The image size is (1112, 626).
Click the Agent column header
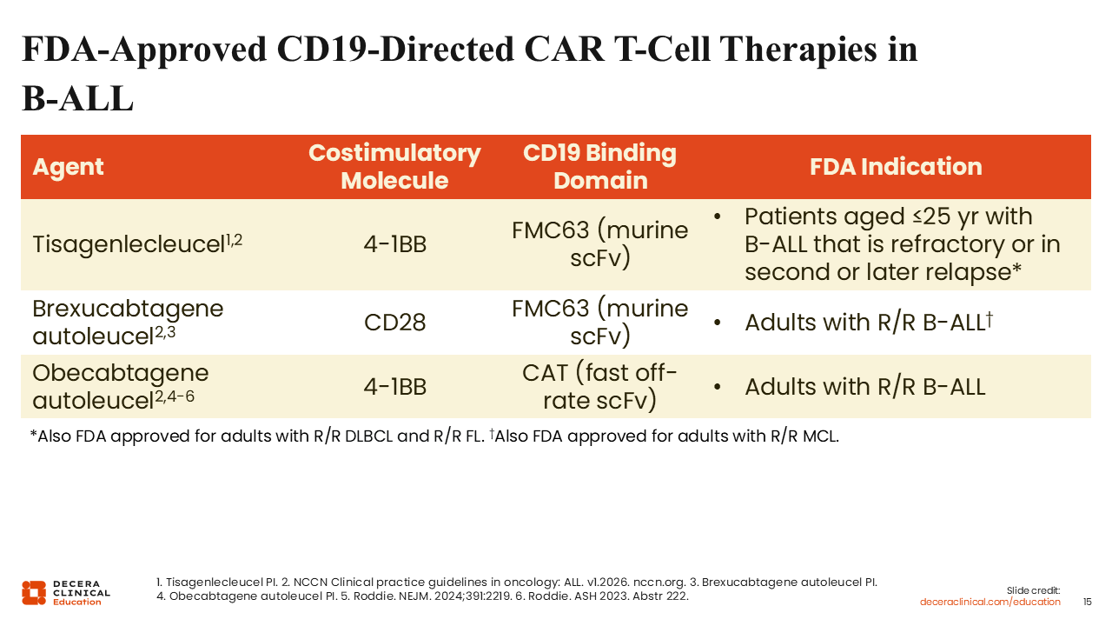[x=68, y=167]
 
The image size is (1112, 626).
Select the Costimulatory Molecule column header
[x=394, y=167]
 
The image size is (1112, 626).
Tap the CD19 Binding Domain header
[x=599, y=167]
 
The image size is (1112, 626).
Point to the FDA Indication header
[x=896, y=167]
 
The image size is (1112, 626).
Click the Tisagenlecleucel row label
[x=137, y=244]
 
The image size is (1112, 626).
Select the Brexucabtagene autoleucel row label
[x=128, y=322]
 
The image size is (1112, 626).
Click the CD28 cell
[x=394, y=323]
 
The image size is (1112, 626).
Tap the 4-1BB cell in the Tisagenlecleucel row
[x=394, y=244]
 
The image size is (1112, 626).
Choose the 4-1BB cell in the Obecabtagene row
[x=394, y=387]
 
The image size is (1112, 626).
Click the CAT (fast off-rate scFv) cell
[x=599, y=387]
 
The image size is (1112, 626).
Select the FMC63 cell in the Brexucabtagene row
[x=599, y=322]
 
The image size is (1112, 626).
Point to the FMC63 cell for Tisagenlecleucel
[x=599, y=244]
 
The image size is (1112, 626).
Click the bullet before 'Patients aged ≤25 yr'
[x=718, y=216]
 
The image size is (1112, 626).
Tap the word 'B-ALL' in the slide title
[x=76, y=99]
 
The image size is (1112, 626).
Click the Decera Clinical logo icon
[x=33, y=592]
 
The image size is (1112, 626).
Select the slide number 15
[x=1088, y=602]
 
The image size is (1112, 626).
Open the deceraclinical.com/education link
[x=990, y=602]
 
